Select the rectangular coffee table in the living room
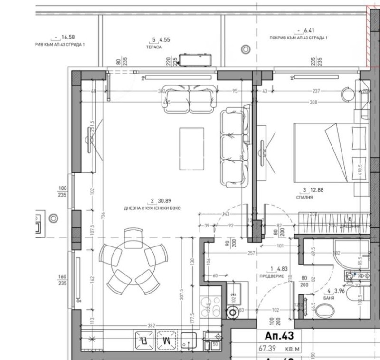coord(192,148)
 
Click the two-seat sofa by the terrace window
coord(189,98)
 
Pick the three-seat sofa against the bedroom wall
coord(232,147)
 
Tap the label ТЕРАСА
coord(154,47)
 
